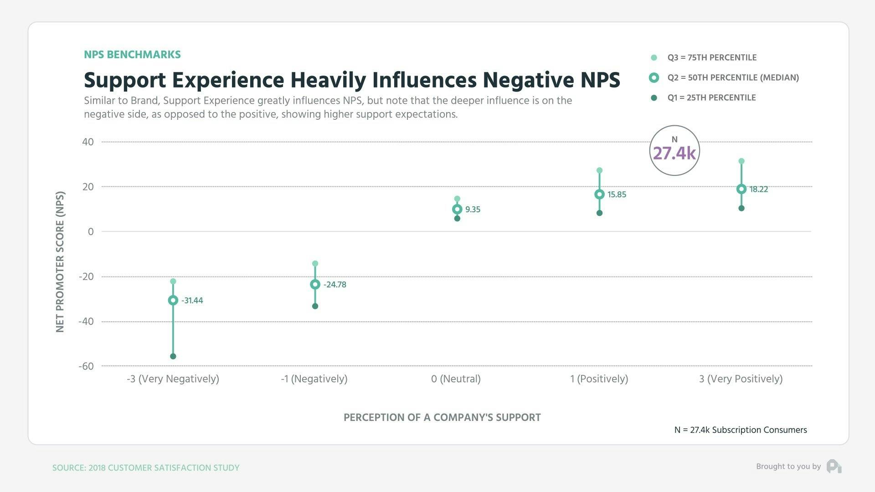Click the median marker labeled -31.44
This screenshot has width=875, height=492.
point(173,300)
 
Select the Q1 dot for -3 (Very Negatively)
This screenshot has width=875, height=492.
point(173,356)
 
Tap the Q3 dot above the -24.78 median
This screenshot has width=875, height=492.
point(315,263)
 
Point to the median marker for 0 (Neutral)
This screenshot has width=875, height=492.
point(457,209)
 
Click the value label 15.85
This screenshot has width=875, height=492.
point(617,195)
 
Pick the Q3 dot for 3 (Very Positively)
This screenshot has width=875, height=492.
point(741,161)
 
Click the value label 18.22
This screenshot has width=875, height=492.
point(759,190)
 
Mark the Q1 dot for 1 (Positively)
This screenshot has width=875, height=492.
point(599,213)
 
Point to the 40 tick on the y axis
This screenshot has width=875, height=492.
point(88,142)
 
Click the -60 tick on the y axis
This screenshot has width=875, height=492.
point(86,366)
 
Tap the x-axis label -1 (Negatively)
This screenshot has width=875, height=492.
point(314,379)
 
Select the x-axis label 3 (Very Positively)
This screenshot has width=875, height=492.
point(741,379)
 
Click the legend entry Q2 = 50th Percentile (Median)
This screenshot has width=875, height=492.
point(733,77)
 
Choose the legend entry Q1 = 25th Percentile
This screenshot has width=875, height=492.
point(711,97)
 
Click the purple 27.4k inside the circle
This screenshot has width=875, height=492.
point(674,154)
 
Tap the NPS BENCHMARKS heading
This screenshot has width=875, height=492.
point(132,55)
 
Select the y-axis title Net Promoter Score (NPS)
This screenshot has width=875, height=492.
point(60,261)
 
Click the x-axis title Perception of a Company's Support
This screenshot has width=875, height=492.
point(442,417)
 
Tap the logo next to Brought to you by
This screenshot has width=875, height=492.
point(834,466)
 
